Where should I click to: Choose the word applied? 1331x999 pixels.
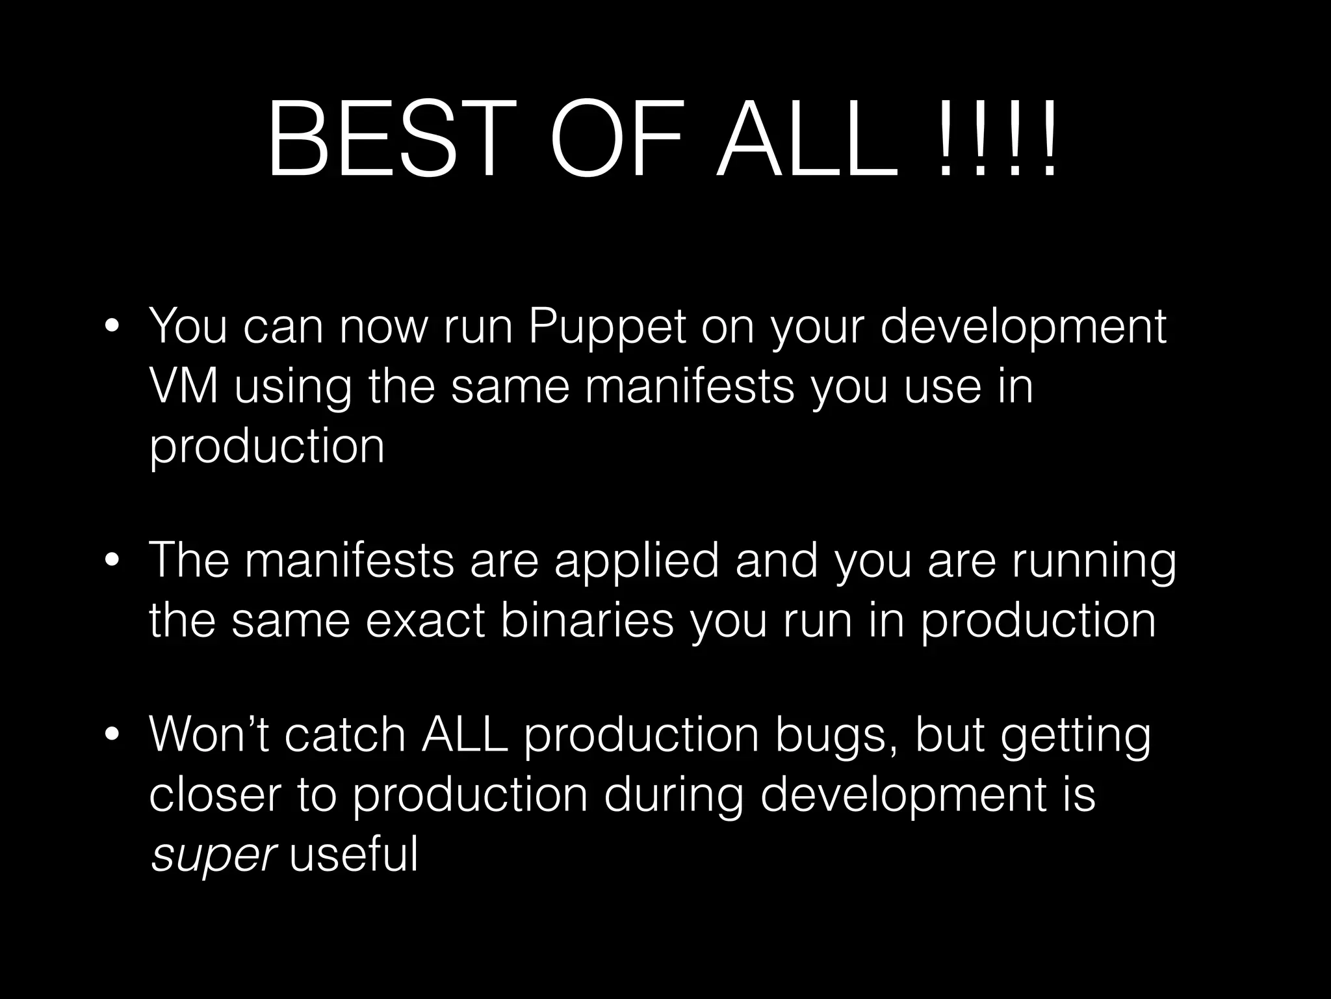(x=637, y=563)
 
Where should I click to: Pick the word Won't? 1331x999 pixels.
(x=209, y=735)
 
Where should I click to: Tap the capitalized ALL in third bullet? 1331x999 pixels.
(x=464, y=735)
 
